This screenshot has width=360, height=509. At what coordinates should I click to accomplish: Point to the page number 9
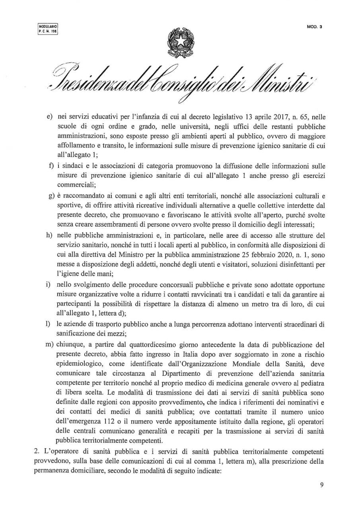pyautogui.click(x=322, y=485)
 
